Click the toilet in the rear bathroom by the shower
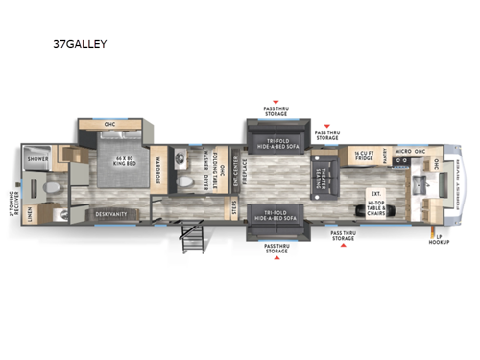(56, 183)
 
